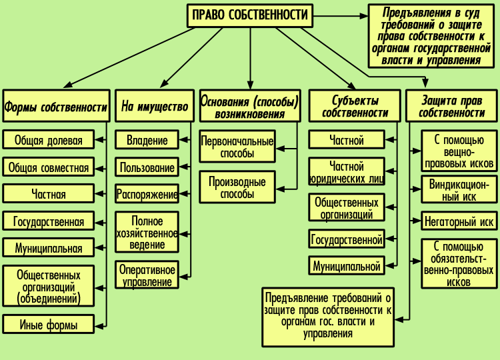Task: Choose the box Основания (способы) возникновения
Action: [x=250, y=107]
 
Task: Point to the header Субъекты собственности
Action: [x=355, y=107]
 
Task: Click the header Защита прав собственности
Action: [x=452, y=107]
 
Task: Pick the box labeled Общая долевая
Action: [x=48, y=140]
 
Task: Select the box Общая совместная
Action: [x=48, y=167]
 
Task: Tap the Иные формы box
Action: [x=48, y=325]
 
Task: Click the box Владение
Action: [x=147, y=140]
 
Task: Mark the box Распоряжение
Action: [x=147, y=195]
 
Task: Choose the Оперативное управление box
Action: [x=147, y=275]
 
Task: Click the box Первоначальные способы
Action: [x=237, y=147]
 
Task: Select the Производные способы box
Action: [x=237, y=187]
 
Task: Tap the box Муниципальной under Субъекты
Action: [x=347, y=266]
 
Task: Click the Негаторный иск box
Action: [x=459, y=221]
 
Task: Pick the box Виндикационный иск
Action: [x=459, y=190]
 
